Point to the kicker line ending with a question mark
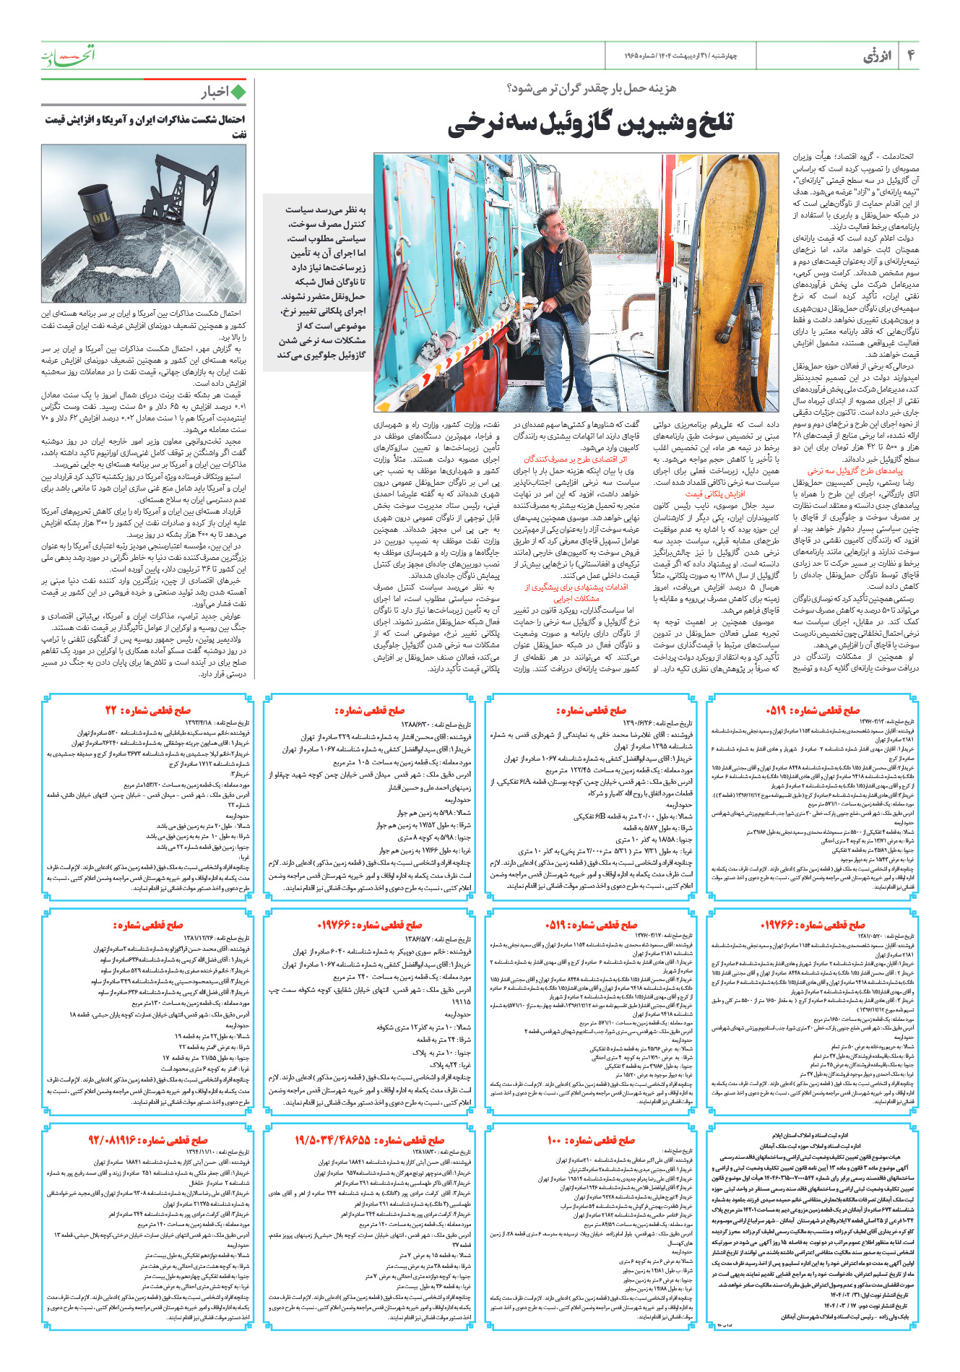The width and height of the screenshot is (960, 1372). (x=592, y=88)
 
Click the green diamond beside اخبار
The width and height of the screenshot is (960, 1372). (x=238, y=92)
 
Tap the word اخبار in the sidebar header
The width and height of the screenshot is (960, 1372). (x=215, y=92)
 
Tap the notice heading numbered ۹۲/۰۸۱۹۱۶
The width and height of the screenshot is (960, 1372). (x=147, y=1140)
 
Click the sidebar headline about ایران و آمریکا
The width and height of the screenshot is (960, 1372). (x=144, y=126)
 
